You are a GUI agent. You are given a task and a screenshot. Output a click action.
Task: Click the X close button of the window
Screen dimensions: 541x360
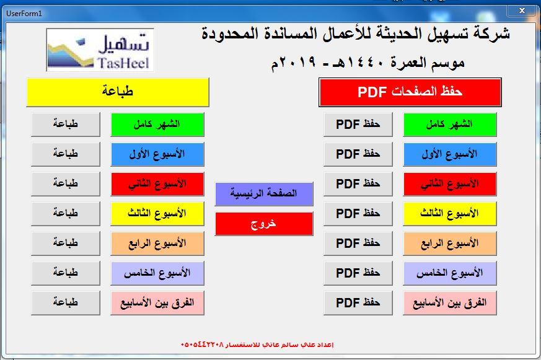pos(522,11)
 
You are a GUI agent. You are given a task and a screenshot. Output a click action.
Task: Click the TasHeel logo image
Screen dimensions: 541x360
pos(100,50)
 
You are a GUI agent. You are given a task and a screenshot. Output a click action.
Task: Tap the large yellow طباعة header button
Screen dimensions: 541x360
pos(118,92)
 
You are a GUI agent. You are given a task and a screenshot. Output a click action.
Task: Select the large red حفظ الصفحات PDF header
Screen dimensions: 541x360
pos(410,92)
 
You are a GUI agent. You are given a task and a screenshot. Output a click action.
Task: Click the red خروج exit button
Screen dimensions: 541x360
pos(264,224)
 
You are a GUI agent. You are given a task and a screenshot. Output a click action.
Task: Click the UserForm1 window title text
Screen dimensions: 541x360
pos(24,14)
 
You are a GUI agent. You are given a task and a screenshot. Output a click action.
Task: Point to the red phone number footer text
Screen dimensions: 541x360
pos(257,345)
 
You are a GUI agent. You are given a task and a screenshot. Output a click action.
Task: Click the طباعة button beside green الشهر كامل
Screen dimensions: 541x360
pos(66,124)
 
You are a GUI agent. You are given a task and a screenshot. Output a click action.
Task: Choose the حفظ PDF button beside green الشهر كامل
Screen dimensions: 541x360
pos(358,124)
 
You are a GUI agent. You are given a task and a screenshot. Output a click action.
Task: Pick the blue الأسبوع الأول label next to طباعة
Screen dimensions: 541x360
pos(157,154)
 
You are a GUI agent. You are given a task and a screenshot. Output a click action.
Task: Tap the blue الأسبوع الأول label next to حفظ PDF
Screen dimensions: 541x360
pos(449,154)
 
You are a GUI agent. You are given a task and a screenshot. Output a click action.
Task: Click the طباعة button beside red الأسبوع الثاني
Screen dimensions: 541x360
pos(66,184)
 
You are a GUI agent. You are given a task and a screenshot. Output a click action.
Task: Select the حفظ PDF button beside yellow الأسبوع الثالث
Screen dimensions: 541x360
pos(358,213)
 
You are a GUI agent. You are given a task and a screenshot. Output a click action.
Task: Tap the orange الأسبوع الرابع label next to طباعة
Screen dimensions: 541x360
pos(157,243)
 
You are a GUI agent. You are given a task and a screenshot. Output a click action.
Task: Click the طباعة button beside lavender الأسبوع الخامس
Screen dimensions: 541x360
pos(66,273)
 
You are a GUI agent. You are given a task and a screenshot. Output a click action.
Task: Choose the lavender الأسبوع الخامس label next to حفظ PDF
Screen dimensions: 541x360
pos(449,273)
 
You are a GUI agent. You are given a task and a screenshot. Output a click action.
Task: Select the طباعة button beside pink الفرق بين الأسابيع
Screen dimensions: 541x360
pos(66,303)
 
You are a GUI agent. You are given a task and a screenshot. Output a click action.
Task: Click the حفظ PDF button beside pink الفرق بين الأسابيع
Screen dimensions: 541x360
pos(358,303)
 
